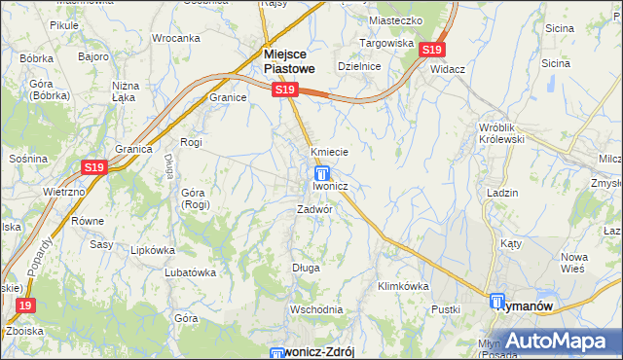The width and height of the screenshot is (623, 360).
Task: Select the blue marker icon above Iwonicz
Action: (320, 172)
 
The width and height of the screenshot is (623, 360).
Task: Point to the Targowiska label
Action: (389, 44)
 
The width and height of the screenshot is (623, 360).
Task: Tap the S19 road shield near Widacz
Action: (433, 49)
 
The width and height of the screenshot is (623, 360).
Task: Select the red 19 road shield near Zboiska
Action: (26, 306)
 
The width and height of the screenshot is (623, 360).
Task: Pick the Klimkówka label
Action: (403, 286)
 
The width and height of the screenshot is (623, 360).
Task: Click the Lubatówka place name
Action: (190, 272)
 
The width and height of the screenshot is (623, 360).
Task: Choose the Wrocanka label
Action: (176, 38)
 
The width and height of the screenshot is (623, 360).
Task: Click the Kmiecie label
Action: (329, 153)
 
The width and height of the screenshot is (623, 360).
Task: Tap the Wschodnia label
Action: (313, 309)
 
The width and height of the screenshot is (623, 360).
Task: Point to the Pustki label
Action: (446, 308)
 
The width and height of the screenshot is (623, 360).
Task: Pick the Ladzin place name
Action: (502, 193)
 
